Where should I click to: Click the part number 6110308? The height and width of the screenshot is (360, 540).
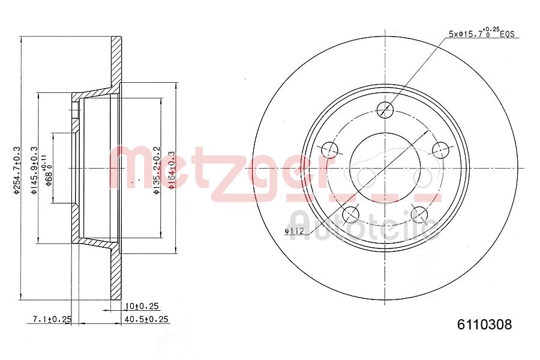(x=485, y=325)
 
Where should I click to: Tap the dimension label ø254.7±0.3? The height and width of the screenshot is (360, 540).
(x=17, y=170)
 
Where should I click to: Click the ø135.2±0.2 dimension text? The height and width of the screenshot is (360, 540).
(x=156, y=170)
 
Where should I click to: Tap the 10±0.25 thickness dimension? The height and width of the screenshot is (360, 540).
(x=142, y=306)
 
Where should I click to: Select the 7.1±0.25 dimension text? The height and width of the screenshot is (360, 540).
(x=53, y=319)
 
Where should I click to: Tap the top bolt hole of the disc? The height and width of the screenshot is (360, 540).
(x=385, y=109)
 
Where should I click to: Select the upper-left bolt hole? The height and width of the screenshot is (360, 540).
(x=329, y=149)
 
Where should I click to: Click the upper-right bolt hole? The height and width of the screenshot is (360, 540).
(x=441, y=149)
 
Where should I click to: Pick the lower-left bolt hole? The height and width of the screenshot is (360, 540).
(x=350, y=214)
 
